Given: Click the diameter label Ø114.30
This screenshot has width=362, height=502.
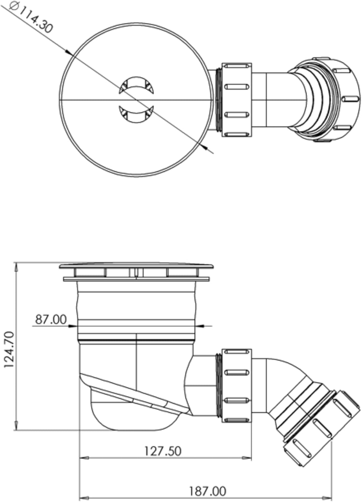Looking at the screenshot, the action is coord(31,18).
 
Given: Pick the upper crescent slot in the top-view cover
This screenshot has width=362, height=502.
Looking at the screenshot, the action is coord(136,85).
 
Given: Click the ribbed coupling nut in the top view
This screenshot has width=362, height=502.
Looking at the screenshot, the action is coord(237,100).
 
